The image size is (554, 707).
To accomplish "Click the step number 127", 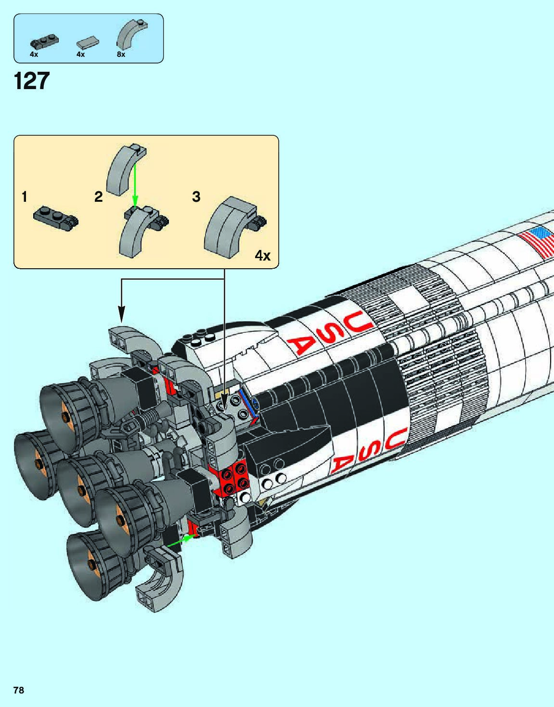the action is (32, 81).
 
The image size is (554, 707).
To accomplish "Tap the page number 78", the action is (18, 690).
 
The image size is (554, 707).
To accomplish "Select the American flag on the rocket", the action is (539, 242).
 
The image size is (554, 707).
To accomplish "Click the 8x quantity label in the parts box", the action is (121, 55).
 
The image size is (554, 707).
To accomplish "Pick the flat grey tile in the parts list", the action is (88, 42).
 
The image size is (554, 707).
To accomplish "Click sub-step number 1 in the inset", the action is (25, 196).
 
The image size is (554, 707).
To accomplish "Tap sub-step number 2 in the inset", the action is (99, 196).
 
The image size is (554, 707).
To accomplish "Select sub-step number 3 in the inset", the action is (196, 196).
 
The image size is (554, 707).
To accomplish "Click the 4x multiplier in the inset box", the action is (262, 255).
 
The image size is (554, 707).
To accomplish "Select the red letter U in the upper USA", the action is (360, 319).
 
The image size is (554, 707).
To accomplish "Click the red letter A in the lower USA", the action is (343, 464).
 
